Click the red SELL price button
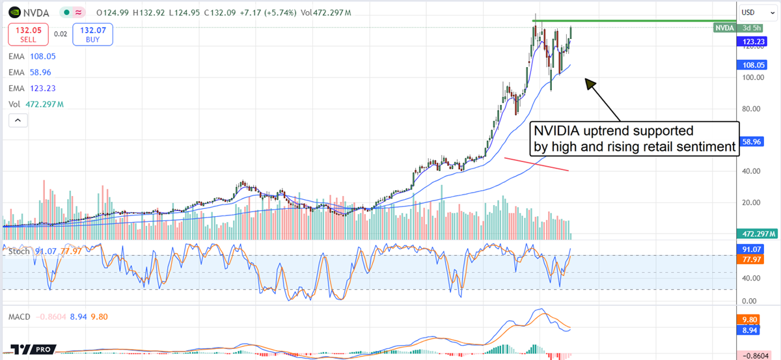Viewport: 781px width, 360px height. (x=27, y=34)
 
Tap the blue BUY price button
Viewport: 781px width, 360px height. (x=92, y=34)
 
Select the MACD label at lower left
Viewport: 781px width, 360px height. (x=20, y=316)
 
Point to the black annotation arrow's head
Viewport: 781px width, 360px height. (x=588, y=81)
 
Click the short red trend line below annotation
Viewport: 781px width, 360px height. (x=538, y=164)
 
